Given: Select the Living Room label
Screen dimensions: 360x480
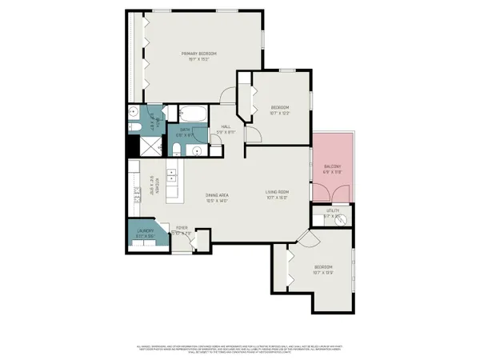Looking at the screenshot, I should tap(277, 192).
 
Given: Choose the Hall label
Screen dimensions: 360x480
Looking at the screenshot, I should tap(226, 126).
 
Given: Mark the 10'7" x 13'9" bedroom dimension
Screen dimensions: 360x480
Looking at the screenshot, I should tap(323, 273).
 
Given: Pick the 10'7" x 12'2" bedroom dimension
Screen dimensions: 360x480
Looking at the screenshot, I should tap(279, 114).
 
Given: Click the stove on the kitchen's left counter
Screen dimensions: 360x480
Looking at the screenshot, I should tap(134, 193).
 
